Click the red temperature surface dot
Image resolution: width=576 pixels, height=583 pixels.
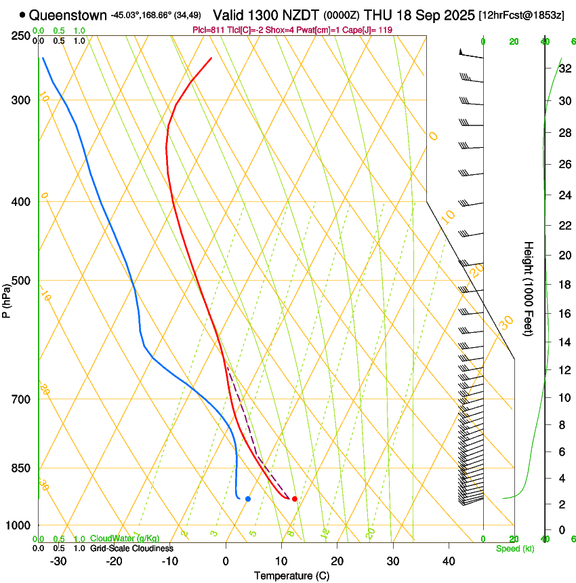click(294, 499)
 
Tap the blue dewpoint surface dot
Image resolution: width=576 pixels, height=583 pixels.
click(248, 499)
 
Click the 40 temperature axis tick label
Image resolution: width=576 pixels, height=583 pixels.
click(448, 561)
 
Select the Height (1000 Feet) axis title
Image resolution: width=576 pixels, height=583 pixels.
click(529, 288)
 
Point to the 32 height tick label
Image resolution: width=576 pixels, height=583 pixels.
click(564, 68)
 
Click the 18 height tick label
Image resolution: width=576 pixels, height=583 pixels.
click(564, 285)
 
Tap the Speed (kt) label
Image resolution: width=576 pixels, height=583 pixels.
click(515, 548)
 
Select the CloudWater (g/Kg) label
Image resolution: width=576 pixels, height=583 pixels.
click(125, 539)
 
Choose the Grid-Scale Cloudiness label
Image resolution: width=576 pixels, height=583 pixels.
click(131, 548)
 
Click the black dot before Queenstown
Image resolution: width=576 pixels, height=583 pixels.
click(23, 14)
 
